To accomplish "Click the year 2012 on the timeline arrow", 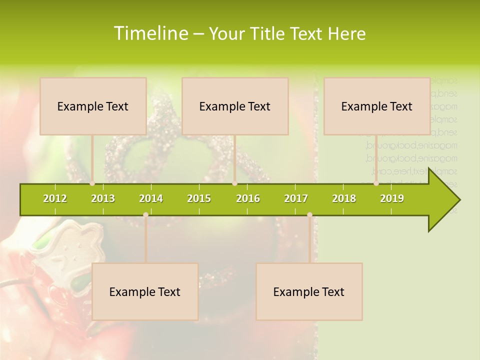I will click(x=55, y=199).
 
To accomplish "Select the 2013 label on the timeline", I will click(x=103, y=199).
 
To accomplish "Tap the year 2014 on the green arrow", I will click(x=151, y=199).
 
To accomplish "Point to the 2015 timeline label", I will click(x=199, y=199).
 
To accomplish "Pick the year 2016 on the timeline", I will click(x=248, y=199).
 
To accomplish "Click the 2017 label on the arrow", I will click(x=296, y=199).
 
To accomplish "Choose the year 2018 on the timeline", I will click(x=344, y=199).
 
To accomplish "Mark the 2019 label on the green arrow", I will click(x=392, y=199).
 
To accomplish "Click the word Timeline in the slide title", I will click(x=150, y=33).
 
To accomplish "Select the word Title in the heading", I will click(x=269, y=34).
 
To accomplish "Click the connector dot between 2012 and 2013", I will click(x=92, y=183).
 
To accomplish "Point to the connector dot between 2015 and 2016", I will click(x=234, y=183).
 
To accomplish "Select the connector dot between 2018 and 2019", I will click(x=376, y=183).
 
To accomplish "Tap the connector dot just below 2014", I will click(x=145, y=215).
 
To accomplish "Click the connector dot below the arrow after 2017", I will click(x=309, y=215).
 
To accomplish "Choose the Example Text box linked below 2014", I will click(x=145, y=291).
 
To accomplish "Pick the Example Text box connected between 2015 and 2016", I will click(x=235, y=106).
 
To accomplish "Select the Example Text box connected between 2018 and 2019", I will click(x=377, y=106).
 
